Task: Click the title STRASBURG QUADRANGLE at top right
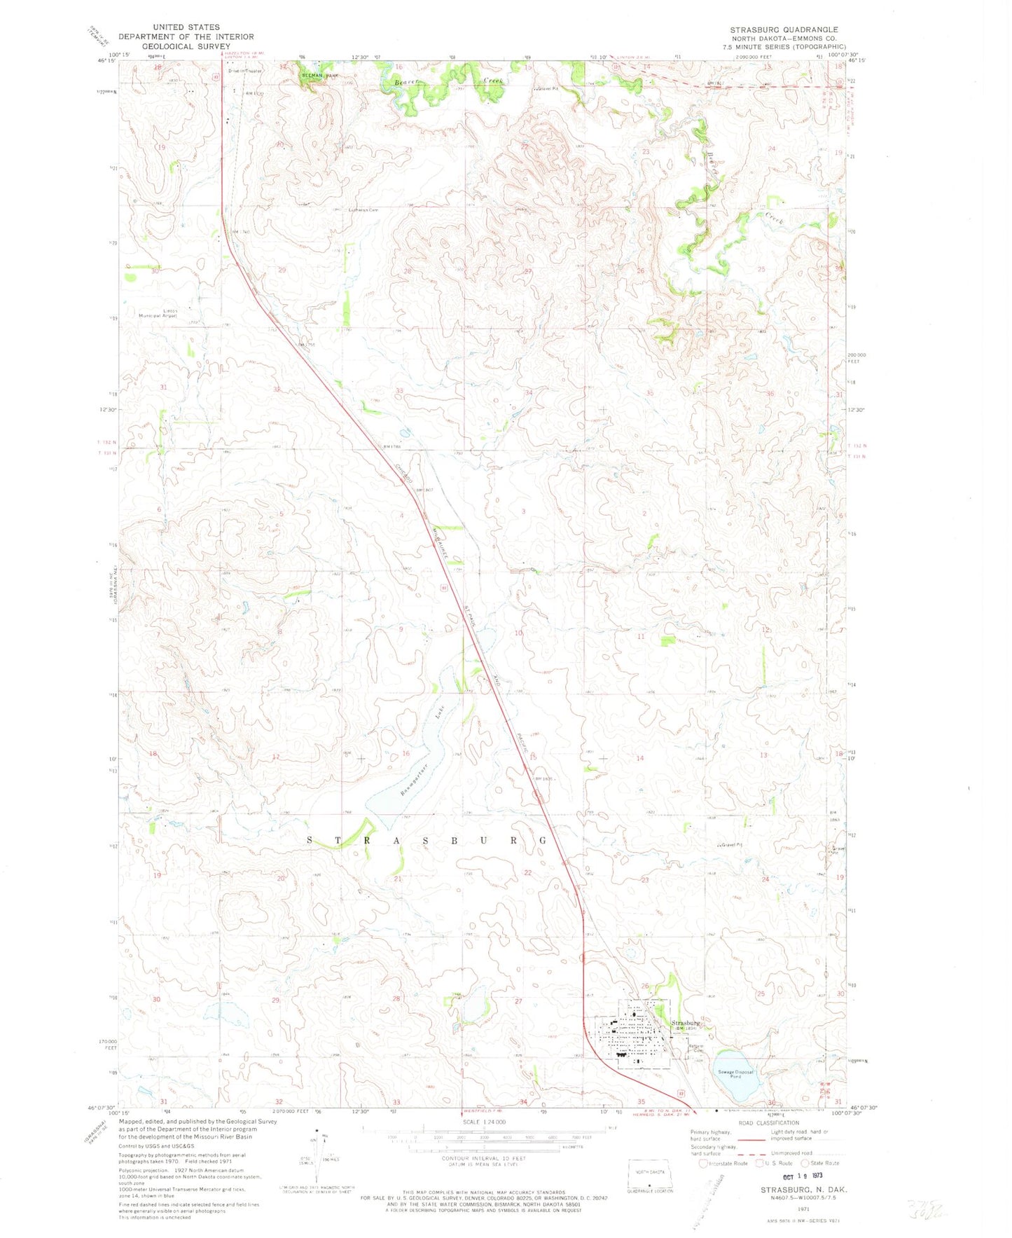[x=784, y=30]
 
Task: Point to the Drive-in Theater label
[x=245, y=71]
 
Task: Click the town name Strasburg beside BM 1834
[x=686, y=1023]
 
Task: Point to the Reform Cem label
[x=695, y=1049]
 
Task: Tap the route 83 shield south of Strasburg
[x=680, y=1093]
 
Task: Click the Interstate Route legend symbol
[x=702, y=1164]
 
